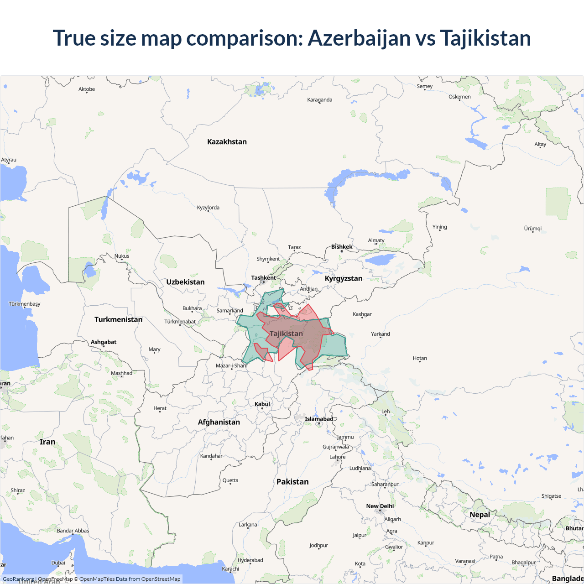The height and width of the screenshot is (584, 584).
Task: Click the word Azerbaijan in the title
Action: [x=359, y=38]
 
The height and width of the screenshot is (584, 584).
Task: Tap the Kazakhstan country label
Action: [x=227, y=142]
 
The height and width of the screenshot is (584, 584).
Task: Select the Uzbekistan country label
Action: [x=185, y=282]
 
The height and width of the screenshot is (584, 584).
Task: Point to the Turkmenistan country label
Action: [x=118, y=319]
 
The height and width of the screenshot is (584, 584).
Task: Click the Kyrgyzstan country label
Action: [x=344, y=278]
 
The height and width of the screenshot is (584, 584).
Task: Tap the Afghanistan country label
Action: [x=219, y=422]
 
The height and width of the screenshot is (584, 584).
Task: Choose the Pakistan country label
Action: [x=292, y=482]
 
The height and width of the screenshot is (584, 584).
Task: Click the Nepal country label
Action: [x=480, y=515]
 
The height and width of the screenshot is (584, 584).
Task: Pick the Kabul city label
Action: [x=262, y=404]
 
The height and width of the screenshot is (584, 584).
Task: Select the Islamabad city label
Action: [x=319, y=419]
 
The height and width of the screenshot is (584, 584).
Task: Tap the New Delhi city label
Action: [x=380, y=506]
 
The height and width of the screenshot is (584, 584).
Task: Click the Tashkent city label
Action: [x=263, y=277]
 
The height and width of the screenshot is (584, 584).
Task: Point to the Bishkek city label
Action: [x=342, y=247]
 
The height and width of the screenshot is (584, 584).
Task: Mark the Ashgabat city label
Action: [x=104, y=342]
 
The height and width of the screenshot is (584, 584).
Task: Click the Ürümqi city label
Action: [x=532, y=229]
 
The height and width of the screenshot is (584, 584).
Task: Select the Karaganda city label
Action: [x=319, y=100]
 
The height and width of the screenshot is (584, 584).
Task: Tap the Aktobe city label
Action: [x=87, y=89]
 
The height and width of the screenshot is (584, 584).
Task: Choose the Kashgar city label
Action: [x=362, y=314]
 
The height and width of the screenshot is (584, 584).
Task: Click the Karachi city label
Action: [x=230, y=569]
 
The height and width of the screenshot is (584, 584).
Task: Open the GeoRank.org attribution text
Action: [x=18, y=579]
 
